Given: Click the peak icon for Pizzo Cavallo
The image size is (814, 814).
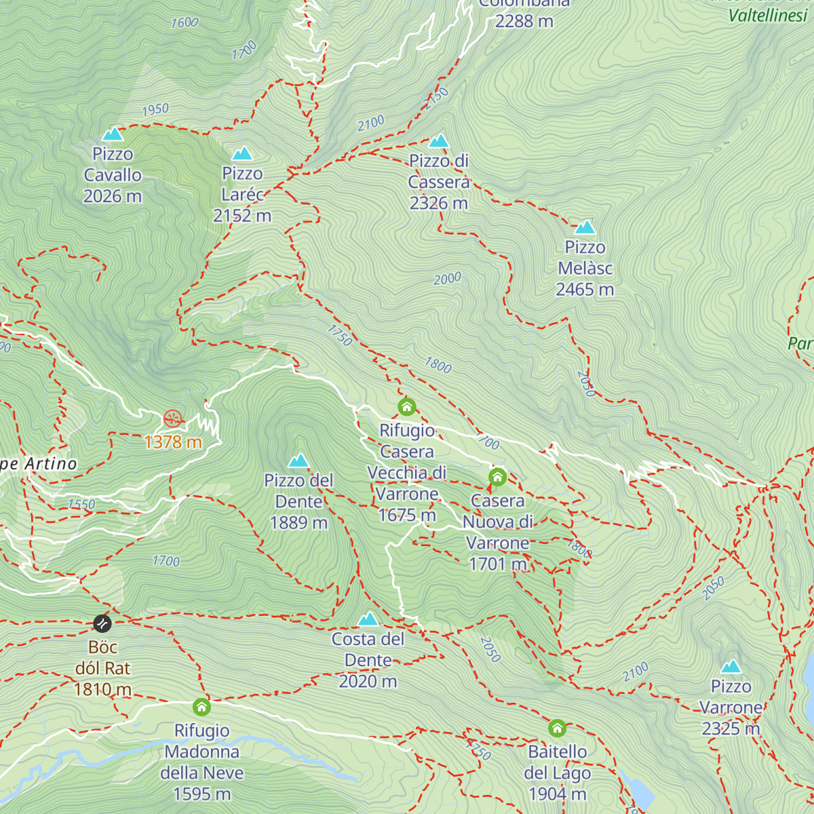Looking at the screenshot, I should pos(113,134).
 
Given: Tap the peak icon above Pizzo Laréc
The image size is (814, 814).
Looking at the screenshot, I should pos(242,153).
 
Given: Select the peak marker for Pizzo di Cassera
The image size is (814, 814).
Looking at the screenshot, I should pos(439,141).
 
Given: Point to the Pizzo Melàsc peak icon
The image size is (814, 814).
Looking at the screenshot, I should pos(585,227).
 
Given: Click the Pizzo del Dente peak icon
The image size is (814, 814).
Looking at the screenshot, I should pos(298,461).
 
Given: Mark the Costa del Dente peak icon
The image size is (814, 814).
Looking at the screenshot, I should pos(368,619).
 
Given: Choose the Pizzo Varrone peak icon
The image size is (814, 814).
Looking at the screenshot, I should pos(731,666).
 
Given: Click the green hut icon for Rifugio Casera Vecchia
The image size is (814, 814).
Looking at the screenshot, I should pos(406,407).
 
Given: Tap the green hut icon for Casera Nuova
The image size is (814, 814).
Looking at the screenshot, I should pos(497,477).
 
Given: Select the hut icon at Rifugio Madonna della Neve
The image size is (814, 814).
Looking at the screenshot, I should pos(201,708).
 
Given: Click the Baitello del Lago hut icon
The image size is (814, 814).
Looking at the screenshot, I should pos(557,729).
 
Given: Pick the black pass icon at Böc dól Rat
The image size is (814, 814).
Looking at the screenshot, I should pos(102,623).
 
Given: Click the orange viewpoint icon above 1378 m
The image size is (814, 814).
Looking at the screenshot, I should pos(173,419).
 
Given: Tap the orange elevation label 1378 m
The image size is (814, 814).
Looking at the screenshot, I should pos(173,442).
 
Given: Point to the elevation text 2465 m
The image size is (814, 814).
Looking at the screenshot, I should pos(585,290).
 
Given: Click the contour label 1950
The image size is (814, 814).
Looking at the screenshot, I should pos(155,109).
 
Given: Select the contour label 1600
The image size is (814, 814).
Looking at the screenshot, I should pos(185,22).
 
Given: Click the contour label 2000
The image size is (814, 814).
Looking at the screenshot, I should pos(447,278).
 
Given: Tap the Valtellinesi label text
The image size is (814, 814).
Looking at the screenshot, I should pos(767,16).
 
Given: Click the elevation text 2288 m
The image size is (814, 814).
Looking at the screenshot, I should pos(524,21).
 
